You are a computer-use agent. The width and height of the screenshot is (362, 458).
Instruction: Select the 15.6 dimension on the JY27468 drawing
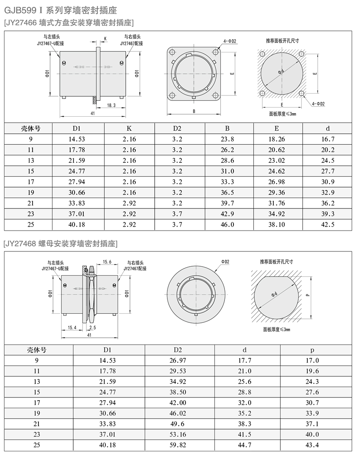click(107, 262)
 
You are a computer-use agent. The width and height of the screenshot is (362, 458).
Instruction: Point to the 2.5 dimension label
click(92, 327)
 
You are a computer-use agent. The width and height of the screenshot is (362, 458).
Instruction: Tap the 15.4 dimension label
click(72, 327)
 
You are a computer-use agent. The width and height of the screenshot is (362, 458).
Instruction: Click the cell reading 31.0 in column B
click(228, 171)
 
